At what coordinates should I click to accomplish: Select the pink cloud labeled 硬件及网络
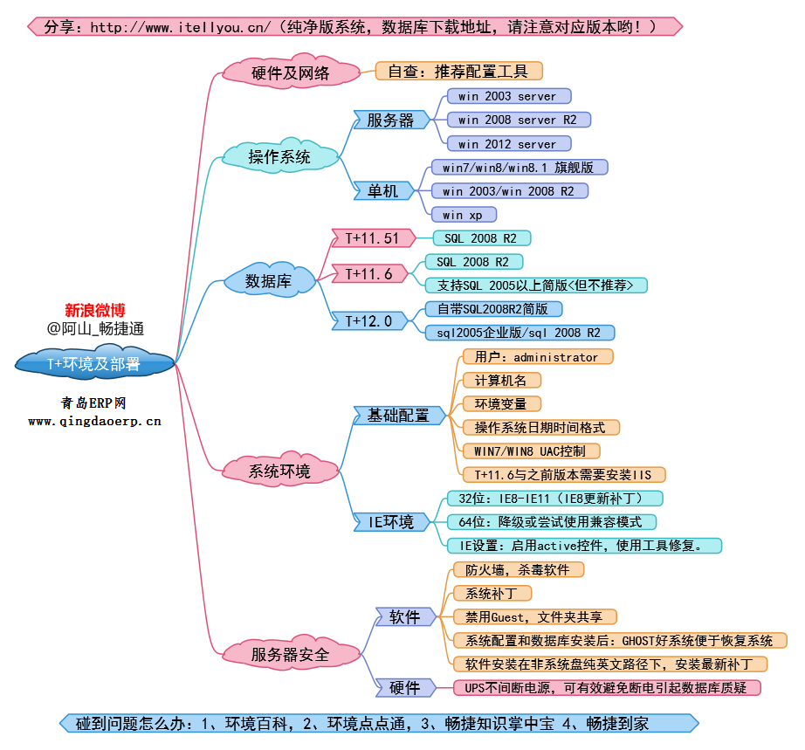pyautogui.click(x=290, y=72)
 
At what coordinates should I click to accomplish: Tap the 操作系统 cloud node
pyautogui.click(x=279, y=156)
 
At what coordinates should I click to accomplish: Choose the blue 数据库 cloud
pyautogui.click(x=269, y=281)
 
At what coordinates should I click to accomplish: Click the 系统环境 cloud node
pyautogui.click(x=279, y=471)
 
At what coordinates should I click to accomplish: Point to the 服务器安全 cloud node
pyautogui.click(x=290, y=654)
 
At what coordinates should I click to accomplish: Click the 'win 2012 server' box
pyautogui.click(x=507, y=143)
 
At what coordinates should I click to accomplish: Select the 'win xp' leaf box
pyautogui.click(x=464, y=214)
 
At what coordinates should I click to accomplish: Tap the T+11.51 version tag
pyautogui.click(x=373, y=238)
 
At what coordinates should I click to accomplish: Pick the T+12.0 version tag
pyautogui.click(x=369, y=320)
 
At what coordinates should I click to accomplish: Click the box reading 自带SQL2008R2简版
pyautogui.click(x=493, y=309)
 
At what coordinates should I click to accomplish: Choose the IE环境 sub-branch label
pyautogui.click(x=391, y=522)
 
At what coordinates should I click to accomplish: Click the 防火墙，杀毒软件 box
pyautogui.click(x=518, y=569)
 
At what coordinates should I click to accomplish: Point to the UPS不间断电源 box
pyautogui.click(x=607, y=687)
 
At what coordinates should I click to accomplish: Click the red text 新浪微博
pyautogui.click(x=95, y=309)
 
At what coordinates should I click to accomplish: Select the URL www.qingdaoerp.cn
pyautogui.click(x=94, y=421)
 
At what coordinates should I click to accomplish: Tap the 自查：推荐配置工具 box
pyautogui.click(x=458, y=71)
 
